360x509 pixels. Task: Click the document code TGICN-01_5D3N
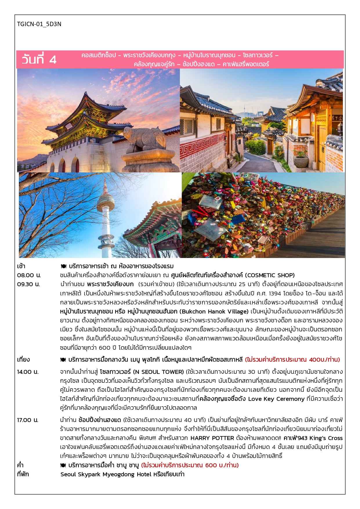(x=39, y=24)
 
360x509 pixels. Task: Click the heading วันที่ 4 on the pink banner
(x=39, y=59)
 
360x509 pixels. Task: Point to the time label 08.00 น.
(x=29, y=275)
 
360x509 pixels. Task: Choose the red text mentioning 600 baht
(x=190, y=465)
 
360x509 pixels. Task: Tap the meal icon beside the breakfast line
(x=63, y=266)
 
